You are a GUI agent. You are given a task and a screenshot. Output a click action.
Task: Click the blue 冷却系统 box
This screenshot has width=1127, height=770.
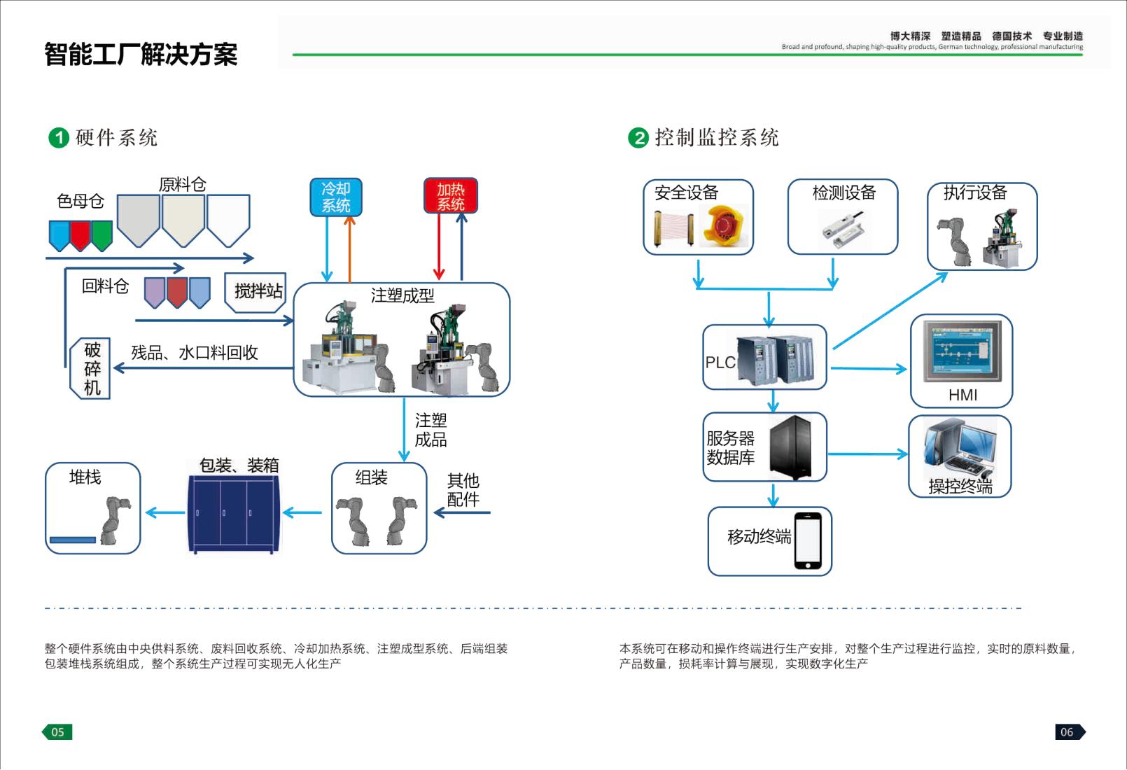pyautogui.click(x=336, y=197)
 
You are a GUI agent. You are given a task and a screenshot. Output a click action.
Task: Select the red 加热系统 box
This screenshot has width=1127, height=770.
pyautogui.click(x=450, y=196)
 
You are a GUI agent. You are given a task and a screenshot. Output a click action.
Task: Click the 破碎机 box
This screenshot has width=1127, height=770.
pyautogui.click(x=91, y=368)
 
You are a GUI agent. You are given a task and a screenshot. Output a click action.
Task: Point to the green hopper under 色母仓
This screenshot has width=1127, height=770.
pyautogui.click(x=102, y=234)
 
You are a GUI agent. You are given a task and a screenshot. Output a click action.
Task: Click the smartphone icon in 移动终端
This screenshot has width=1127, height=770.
pyautogui.click(x=808, y=541)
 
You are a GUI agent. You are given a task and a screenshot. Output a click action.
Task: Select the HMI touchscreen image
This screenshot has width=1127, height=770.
pyautogui.click(x=962, y=351)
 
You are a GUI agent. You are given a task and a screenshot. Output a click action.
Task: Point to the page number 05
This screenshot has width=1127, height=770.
pyautogui.click(x=57, y=732)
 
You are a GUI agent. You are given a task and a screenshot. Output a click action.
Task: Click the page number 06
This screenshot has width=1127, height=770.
pyautogui.click(x=1067, y=732)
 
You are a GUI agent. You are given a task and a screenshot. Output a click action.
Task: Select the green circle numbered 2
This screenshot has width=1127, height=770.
pyautogui.click(x=638, y=138)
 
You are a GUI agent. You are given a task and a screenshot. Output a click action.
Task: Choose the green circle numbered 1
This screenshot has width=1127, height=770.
pyautogui.click(x=59, y=138)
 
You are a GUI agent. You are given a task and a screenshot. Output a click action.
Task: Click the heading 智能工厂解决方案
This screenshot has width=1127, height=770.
pyautogui.click(x=141, y=55)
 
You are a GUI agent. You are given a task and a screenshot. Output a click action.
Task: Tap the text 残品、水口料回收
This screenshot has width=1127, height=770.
pyautogui.click(x=195, y=353)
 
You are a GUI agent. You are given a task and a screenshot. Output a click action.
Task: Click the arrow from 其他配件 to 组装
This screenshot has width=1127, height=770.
pyautogui.click(x=462, y=513)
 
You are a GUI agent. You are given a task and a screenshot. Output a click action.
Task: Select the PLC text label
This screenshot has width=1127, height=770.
pyautogui.click(x=720, y=363)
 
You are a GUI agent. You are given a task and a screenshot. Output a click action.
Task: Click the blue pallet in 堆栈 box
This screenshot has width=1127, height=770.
pyautogui.click(x=73, y=540)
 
